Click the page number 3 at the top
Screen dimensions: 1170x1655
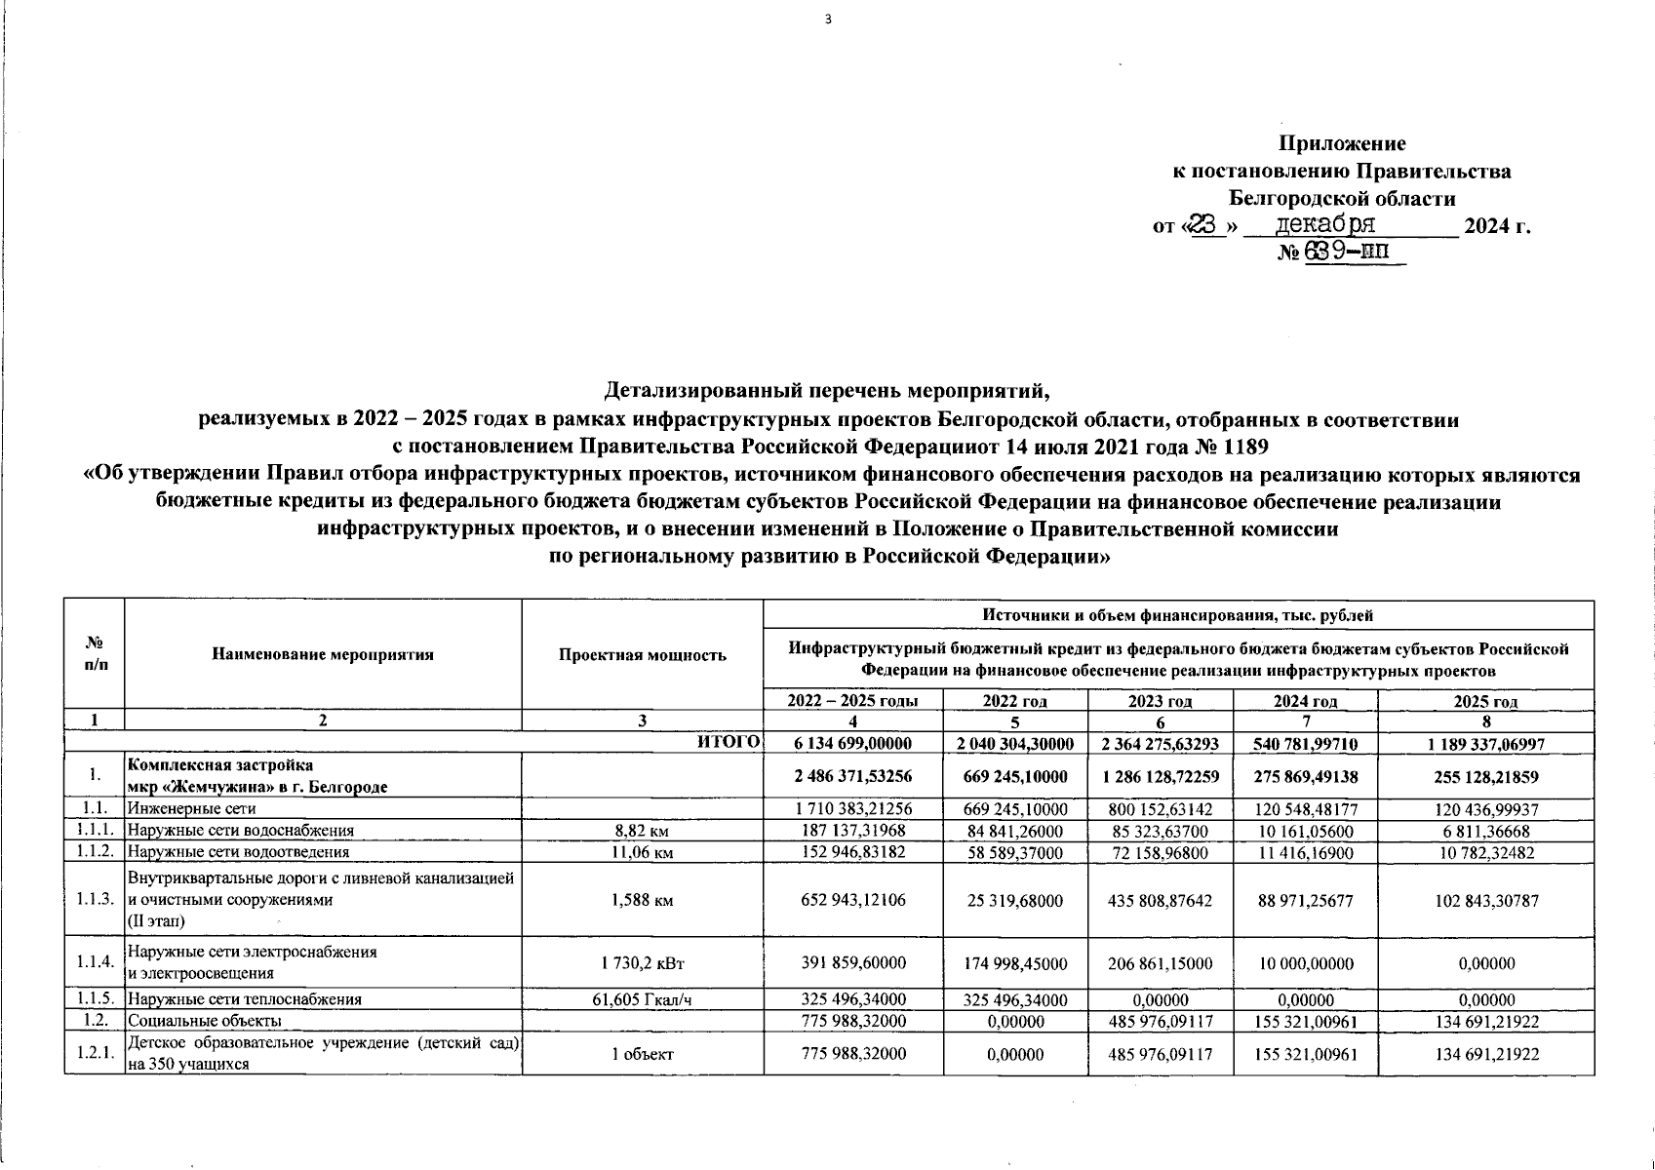click(828, 18)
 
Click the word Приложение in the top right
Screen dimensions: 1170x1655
click(1342, 144)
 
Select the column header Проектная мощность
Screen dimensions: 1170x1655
click(642, 654)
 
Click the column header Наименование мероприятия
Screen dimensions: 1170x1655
click(323, 654)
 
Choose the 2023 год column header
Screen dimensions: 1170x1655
click(1160, 701)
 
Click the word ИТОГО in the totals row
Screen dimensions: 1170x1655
click(729, 743)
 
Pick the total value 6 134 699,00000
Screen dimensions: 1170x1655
click(852, 744)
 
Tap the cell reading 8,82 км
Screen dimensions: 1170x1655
click(642, 831)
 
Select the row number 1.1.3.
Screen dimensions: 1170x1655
click(95, 900)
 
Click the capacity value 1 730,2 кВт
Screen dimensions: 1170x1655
click(642, 963)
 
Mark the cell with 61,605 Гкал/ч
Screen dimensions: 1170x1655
click(642, 999)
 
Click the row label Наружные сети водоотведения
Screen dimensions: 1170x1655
click(238, 852)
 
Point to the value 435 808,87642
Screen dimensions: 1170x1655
click(1160, 900)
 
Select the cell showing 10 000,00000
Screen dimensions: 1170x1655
click(1305, 963)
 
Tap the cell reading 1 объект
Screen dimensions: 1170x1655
click(642, 1054)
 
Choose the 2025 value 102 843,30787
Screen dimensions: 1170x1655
click(1485, 900)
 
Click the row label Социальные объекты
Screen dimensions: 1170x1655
click(205, 1021)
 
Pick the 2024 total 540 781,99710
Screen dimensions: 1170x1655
click(1305, 744)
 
